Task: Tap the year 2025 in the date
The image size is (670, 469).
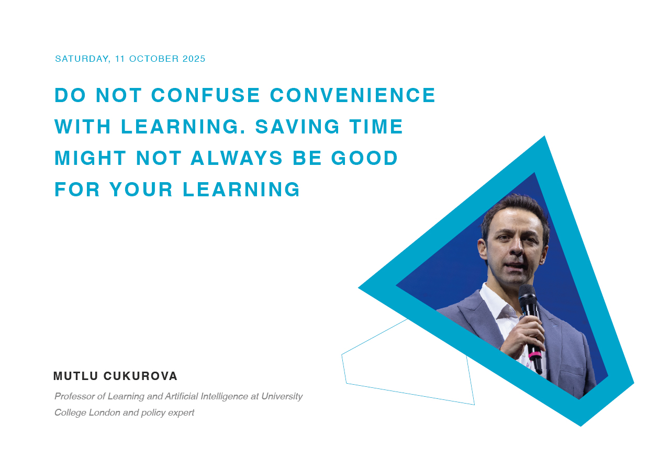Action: (x=194, y=59)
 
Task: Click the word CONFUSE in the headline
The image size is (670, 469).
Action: (x=206, y=95)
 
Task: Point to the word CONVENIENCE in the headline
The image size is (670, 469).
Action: (x=353, y=95)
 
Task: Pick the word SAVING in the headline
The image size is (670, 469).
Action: (x=297, y=127)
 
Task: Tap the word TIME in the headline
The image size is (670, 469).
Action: (x=376, y=127)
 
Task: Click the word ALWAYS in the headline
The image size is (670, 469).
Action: (x=237, y=158)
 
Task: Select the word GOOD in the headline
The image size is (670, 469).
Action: (x=364, y=158)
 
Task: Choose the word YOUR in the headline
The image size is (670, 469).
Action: (x=141, y=189)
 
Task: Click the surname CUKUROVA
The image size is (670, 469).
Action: (x=141, y=376)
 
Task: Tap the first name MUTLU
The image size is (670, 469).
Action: (x=76, y=376)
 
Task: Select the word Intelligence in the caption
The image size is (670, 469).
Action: (x=224, y=397)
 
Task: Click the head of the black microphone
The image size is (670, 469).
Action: (x=527, y=295)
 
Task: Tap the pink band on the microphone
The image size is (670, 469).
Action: (x=535, y=355)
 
